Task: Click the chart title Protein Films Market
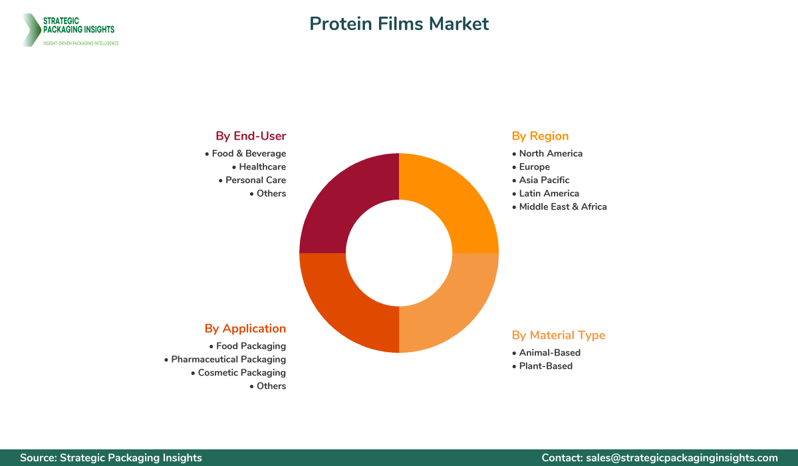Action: pyautogui.click(x=399, y=24)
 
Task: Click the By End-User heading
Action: pyautogui.click(x=251, y=136)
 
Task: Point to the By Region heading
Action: pyautogui.click(x=540, y=136)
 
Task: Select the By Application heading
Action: pyautogui.click(x=245, y=328)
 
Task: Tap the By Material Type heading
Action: pyautogui.click(x=559, y=335)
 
